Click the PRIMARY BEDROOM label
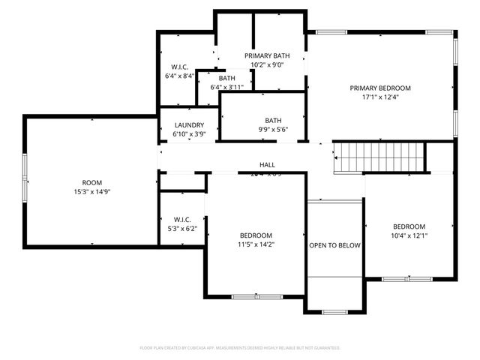coord(380,88)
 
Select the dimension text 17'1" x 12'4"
coord(380,97)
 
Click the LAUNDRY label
coord(189,125)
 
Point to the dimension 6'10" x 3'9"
coord(189,134)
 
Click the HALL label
coord(267,165)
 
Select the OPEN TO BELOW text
coord(334,245)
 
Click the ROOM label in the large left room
coord(91,182)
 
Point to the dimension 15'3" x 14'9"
coord(91,191)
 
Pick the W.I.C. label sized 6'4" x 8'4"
coord(180,67)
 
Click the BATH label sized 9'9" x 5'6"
coord(272,120)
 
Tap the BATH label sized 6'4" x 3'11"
coord(226,78)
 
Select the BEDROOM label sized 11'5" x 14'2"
coord(256,235)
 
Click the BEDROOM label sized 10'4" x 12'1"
coord(409,226)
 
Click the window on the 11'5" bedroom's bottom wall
coord(255,297)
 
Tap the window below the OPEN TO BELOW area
coord(334,311)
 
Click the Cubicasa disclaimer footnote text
coord(240,348)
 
